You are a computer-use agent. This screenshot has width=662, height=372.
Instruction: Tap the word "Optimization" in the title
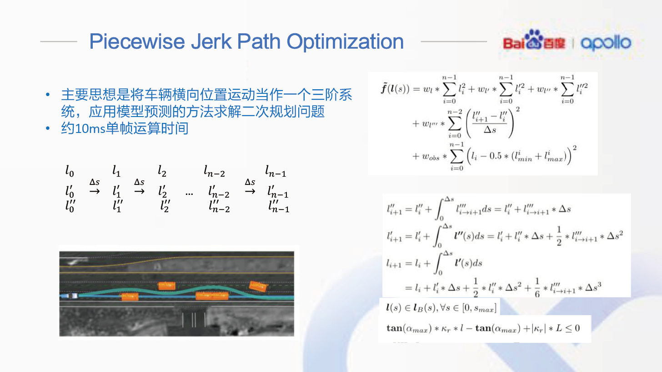[346, 41]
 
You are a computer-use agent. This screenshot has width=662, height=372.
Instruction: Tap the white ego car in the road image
[71, 296]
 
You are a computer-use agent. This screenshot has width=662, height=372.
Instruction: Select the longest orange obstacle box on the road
[211, 296]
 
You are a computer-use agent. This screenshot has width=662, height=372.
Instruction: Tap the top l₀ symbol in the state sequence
[70, 172]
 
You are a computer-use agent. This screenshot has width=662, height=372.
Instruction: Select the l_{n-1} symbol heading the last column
[276, 172]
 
